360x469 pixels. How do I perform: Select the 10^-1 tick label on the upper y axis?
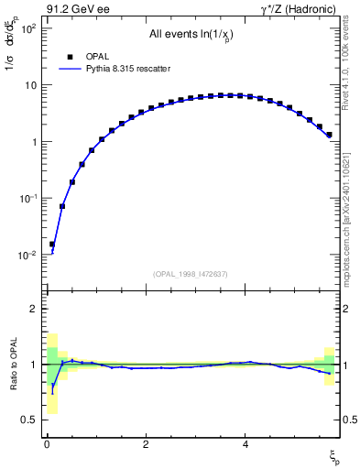(27, 199)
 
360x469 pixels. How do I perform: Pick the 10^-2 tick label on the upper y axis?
(27, 256)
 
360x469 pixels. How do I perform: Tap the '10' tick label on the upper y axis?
(29, 85)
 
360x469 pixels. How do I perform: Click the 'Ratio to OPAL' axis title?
(12, 365)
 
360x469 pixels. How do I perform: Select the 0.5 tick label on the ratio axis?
(29, 420)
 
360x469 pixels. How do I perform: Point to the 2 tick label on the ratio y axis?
(33, 309)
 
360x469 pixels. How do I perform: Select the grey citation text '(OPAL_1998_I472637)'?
(191, 273)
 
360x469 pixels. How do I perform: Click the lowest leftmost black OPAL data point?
(52, 245)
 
